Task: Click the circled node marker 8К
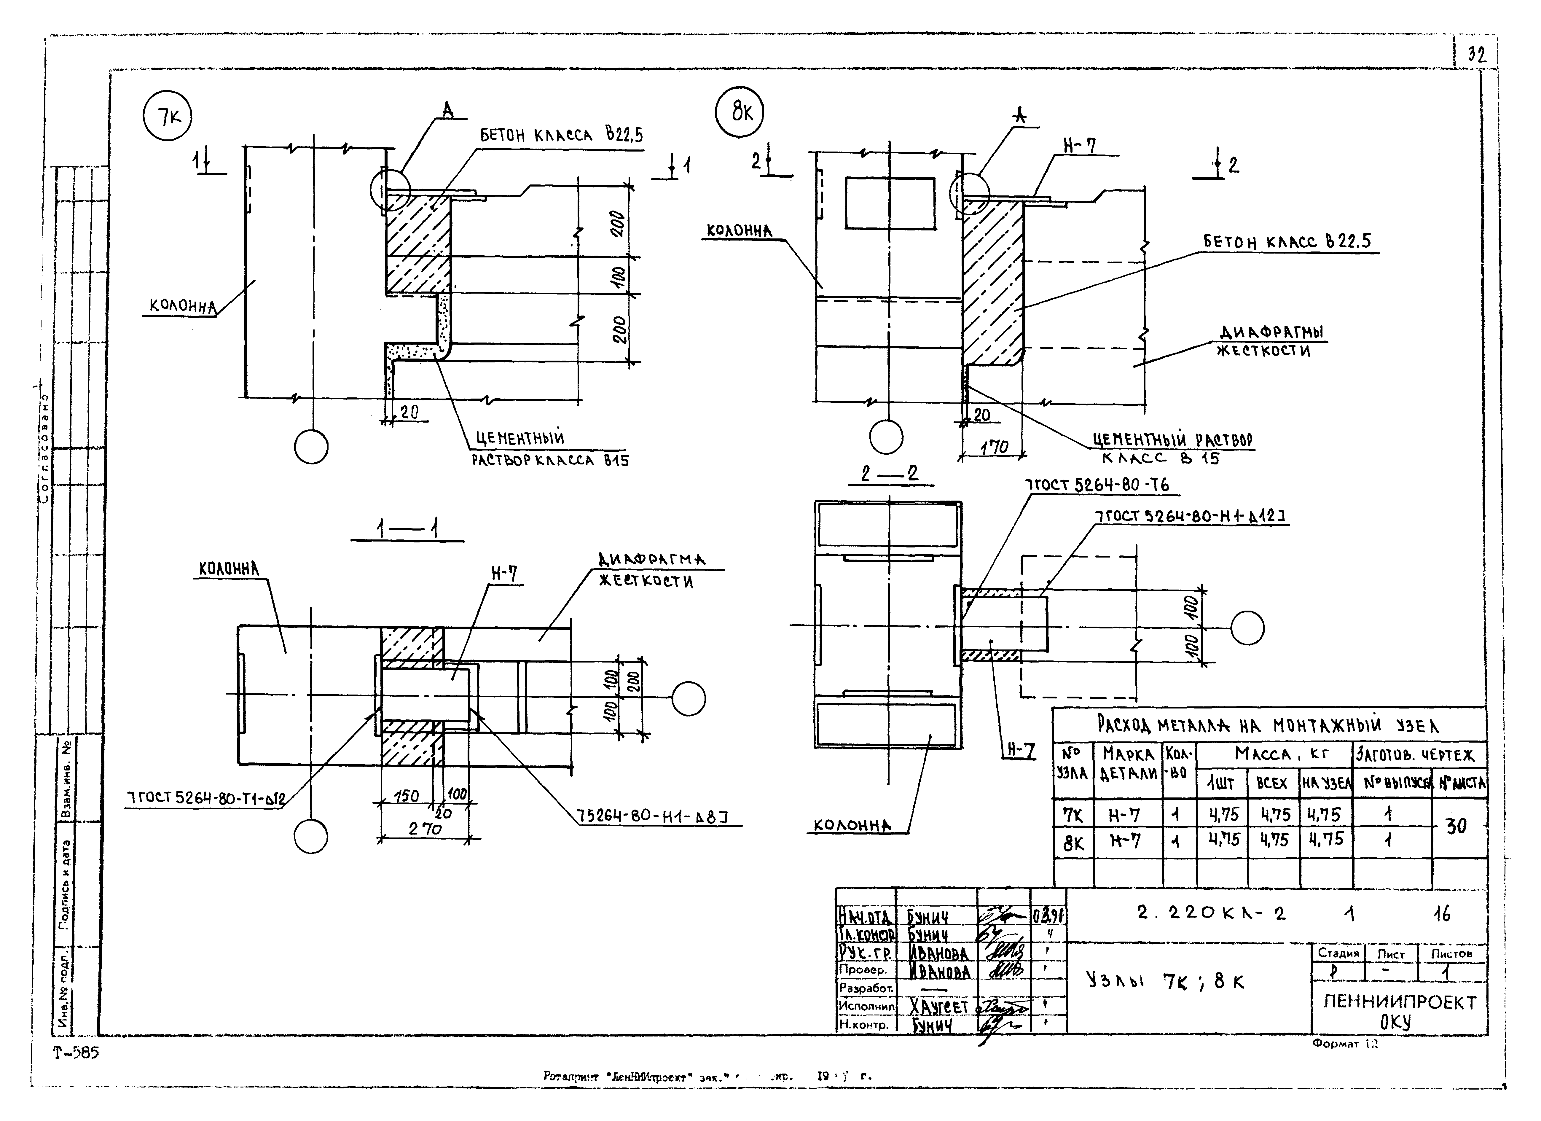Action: click(740, 111)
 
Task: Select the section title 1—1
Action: click(408, 529)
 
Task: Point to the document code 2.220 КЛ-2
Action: click(1211, 913)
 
